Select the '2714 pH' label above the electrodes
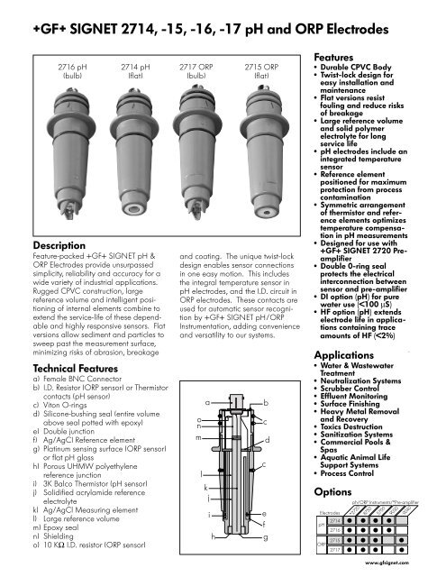[134, 67]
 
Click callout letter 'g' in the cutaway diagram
[264, 537]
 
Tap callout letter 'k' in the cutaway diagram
[207, 484]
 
